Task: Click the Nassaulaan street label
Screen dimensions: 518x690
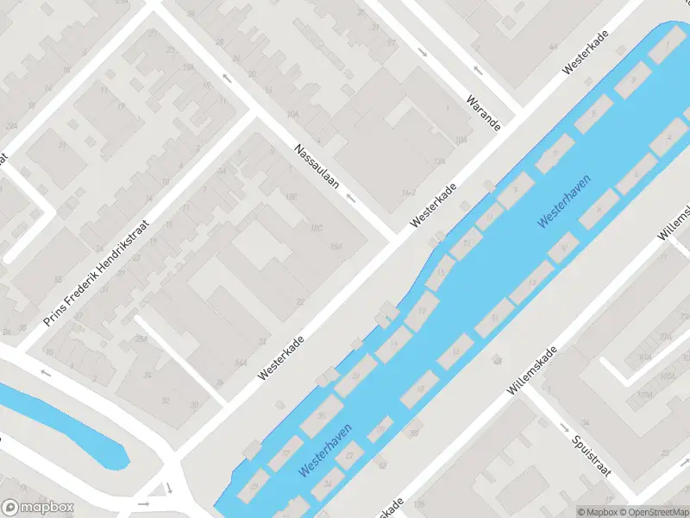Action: tap(317, 166)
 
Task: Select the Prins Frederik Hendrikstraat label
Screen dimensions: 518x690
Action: tap(97, 273)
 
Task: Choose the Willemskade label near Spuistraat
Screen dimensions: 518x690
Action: tap(535, 371)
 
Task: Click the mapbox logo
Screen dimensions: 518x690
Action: tap(37, 508)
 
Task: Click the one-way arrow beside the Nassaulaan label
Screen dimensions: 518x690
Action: tap(351, 199)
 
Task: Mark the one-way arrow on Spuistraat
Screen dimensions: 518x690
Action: tap(564, 427)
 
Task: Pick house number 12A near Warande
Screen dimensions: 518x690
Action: tap(439, 161)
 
